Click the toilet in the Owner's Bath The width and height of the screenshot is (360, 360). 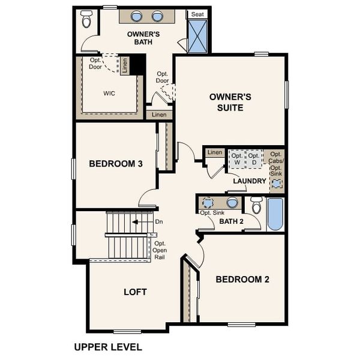[x=86, y=20]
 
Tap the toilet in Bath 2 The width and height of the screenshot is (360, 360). [x=256, y=206]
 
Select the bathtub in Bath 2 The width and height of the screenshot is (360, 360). [x=275, y=215]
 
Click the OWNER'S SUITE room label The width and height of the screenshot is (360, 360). [x=226, y=102]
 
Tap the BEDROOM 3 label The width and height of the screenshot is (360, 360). [x=115, y=163]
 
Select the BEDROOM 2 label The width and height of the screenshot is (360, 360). [x=242, y=279]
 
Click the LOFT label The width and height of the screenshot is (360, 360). [x=135, y=292]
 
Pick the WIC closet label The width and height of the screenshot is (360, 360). [x=109, y=93]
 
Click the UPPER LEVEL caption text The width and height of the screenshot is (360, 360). [x=108, y=347]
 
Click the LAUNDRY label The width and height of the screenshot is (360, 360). [x=249, y=181]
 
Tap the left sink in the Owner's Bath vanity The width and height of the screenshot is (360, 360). [x=137, y=16]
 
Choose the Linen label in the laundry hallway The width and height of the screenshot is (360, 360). [x=214, y=152]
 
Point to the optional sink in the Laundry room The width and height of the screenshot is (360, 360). [x=277, y=183]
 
